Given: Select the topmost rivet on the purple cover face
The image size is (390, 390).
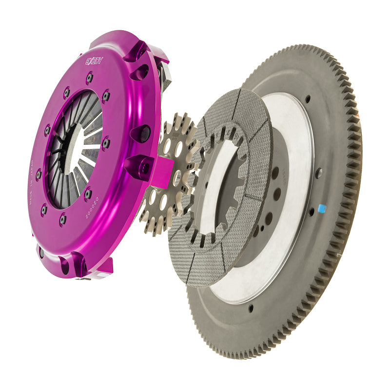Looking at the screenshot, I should pyautogui.click(x=89, y=77).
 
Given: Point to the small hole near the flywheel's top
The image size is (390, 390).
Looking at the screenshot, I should pyautogui.click(x=308, y=99).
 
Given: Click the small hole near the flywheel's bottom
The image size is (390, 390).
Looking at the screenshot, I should pyautogui.click(x=250, y=308).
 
